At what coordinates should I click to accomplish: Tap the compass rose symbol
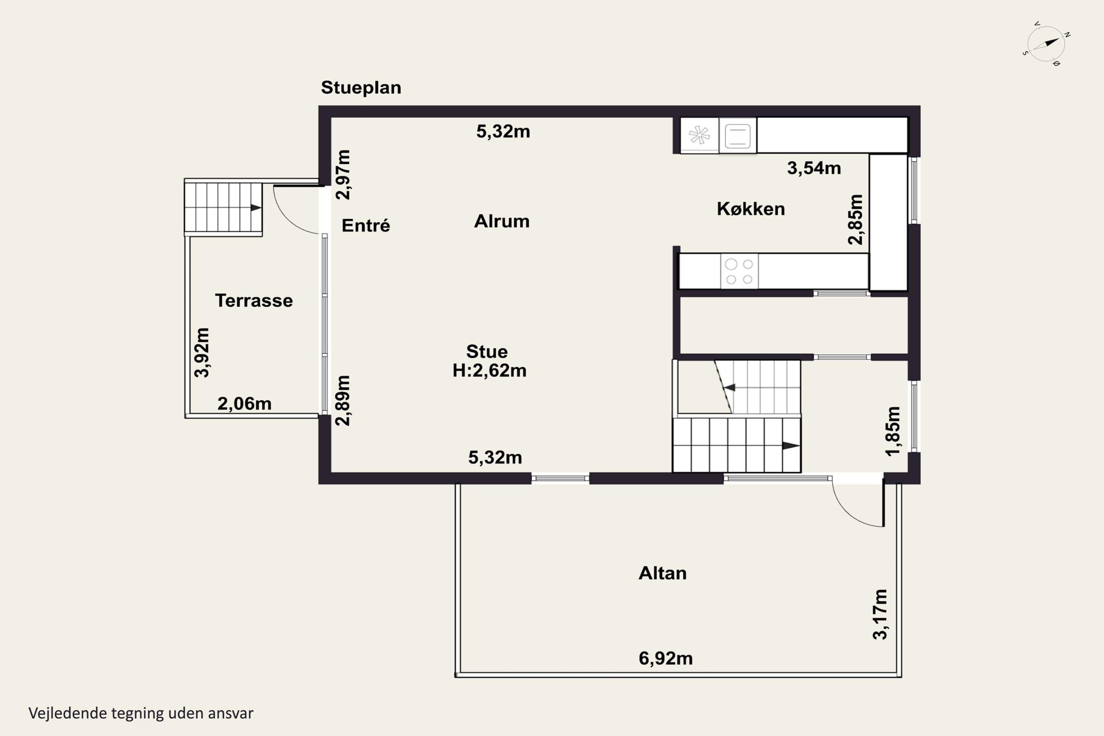click(1046, 44)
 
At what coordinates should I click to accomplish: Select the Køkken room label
click(751, 209)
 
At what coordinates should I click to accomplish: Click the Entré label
click(366, 226)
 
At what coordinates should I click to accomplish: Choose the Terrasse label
click(254, 300)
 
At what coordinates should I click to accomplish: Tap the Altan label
click(662, 573)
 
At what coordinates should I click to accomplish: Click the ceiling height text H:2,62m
click(489, 371)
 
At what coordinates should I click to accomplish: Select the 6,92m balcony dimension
click(665, 659)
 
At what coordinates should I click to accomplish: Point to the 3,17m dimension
click(880, 615)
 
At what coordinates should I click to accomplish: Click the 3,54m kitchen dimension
click(813, 168)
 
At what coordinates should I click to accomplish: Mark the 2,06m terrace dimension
click(244, 404)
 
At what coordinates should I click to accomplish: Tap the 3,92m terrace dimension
click(202, 353)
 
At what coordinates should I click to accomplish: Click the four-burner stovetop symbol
click(739, 271)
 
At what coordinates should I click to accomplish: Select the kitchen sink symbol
click(737, 136)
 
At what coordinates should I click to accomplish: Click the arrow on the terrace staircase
click(256, 208)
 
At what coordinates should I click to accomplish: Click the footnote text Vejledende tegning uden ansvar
click(141, 713)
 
